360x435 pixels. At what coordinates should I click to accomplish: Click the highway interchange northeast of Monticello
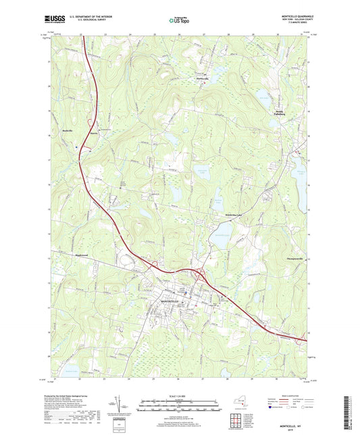point(201,275)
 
